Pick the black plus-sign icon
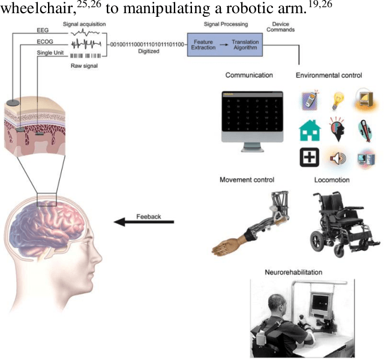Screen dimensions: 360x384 coord(309,158)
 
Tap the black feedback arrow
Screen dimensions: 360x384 coord(144,223)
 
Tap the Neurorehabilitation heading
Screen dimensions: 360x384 coord(293,272)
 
